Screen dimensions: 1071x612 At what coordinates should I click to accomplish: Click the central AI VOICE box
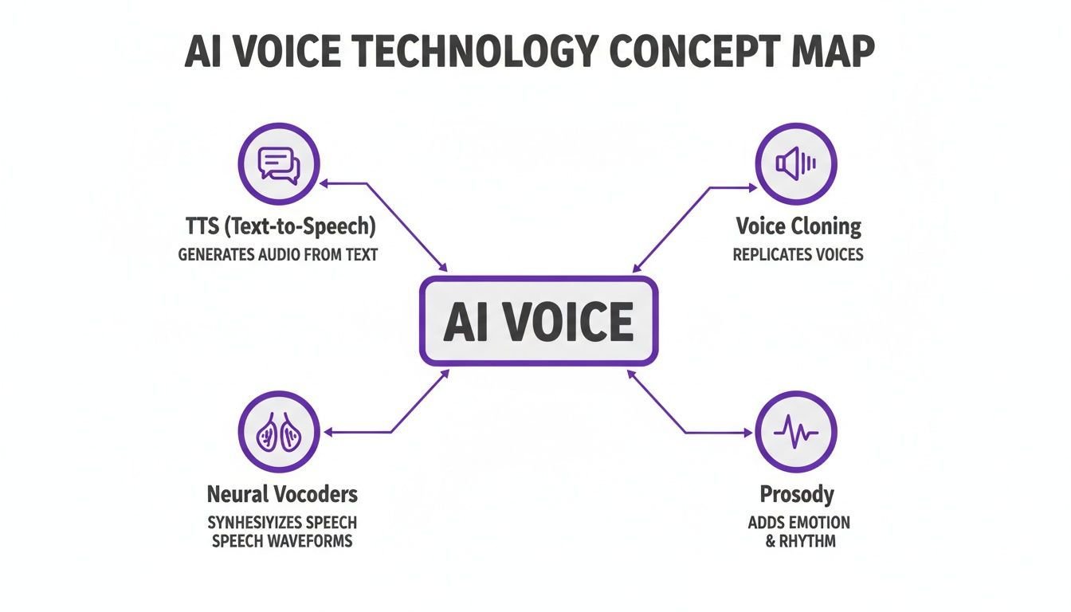point(539,321)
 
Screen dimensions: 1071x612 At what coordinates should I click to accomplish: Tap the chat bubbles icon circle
point(279,164)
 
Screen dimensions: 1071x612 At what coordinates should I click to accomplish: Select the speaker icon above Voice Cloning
point(796,164)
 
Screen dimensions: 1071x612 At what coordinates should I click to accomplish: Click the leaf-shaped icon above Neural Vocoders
point(279,432)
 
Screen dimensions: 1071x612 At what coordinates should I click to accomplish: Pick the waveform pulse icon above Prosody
point(796,432)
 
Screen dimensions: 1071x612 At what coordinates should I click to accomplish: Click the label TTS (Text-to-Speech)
point(280,226)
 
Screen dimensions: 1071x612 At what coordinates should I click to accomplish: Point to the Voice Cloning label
point(798,226)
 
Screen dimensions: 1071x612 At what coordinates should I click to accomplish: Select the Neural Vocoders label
point(282,494)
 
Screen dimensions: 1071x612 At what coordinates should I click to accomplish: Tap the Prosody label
point(797,495)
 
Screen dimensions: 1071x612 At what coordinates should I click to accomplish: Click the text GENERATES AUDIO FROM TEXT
point(278,254)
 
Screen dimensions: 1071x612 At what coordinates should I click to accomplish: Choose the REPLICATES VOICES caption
point(798,254)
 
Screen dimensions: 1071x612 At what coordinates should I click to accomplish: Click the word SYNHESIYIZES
point(254,523)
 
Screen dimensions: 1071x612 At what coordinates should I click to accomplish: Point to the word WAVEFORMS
point(309,541)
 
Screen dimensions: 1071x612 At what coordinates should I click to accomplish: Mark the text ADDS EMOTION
point(799,523)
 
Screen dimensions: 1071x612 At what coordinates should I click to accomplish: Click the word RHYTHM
point(807,541)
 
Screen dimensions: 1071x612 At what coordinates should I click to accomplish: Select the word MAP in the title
point(833,51)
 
